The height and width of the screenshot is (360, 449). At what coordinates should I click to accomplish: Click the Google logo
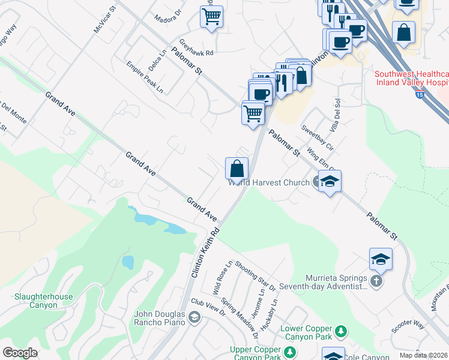(x=20, y=353)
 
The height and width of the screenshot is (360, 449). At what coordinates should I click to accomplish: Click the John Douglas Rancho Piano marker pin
(x=193, y=317)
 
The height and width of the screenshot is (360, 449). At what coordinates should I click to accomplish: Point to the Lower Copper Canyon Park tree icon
(x=341, y=331)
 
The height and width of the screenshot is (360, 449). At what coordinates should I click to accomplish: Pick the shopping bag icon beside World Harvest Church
(x=237, y=169)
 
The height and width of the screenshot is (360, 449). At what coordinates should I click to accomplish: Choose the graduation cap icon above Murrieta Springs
(x=381, y=259)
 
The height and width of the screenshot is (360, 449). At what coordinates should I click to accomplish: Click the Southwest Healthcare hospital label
(x=411, y=78)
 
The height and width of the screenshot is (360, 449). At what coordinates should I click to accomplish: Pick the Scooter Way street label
(x=408, y=325)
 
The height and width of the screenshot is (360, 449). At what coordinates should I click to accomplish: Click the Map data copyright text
(x=424, y=355)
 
